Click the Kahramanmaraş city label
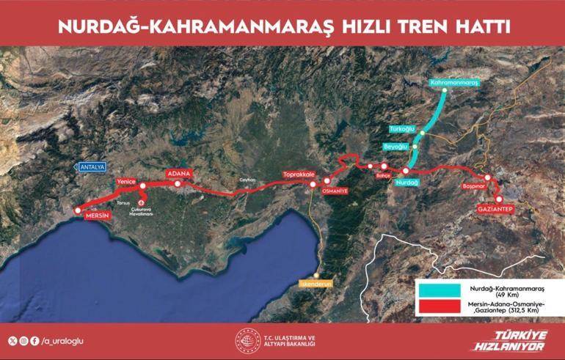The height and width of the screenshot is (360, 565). coord(455,83)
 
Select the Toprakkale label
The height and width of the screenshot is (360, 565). coord(299,175)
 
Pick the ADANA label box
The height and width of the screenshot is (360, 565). coord(179,174)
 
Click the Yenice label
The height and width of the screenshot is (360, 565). coord(127,180)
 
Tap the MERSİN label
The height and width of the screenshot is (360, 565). coord(95,217)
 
